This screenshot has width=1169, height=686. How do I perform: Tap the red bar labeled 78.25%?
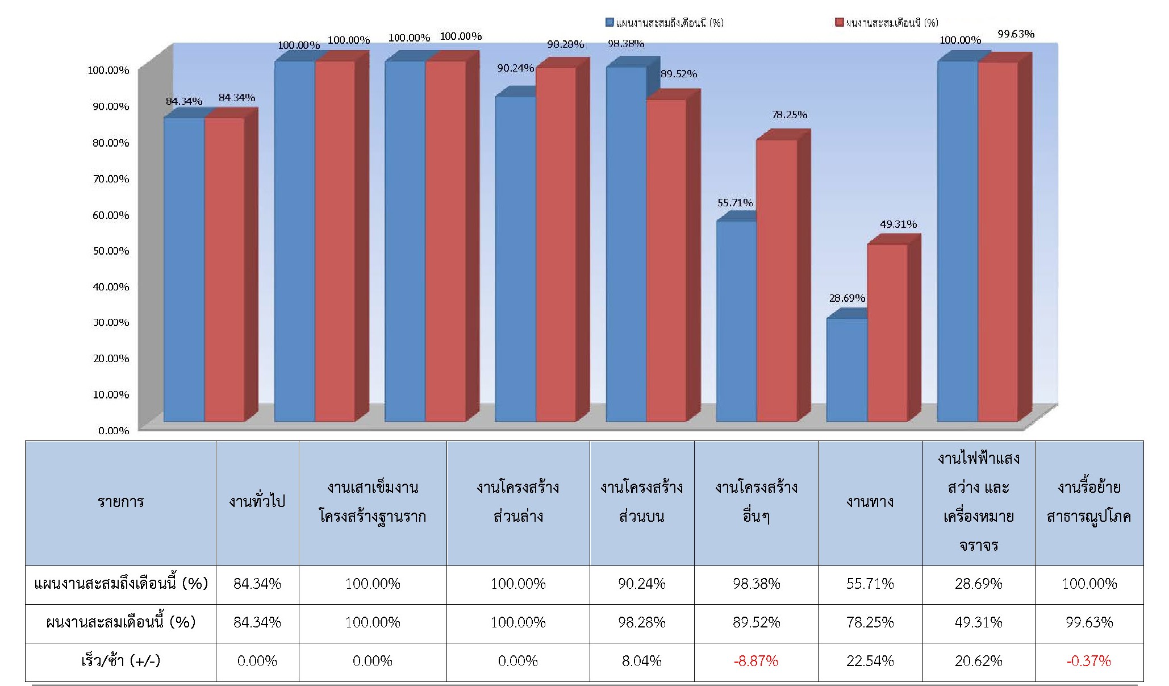776,280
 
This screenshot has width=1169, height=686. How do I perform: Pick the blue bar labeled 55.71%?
736,321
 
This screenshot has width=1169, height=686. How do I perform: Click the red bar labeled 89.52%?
666,260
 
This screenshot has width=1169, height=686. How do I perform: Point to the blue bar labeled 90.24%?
515,259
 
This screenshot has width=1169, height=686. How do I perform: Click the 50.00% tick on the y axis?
111,251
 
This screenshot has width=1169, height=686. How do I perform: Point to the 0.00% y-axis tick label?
114,431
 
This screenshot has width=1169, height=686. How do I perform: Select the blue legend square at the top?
610,23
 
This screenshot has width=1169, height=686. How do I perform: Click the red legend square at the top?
839,23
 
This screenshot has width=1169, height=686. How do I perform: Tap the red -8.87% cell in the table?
755,661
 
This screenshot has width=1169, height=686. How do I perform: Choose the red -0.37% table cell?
1088,661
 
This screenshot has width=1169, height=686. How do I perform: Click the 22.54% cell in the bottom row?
870,661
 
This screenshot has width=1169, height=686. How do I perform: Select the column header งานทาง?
870,502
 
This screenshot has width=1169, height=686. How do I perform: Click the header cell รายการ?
120,502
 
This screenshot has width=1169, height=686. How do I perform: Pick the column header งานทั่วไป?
257,502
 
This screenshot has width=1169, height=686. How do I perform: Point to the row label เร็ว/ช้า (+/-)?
120,661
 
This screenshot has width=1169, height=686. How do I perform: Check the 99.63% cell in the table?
1088,622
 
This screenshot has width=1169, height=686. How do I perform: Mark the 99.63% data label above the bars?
1016,34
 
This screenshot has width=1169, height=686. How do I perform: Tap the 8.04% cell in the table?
641,661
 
